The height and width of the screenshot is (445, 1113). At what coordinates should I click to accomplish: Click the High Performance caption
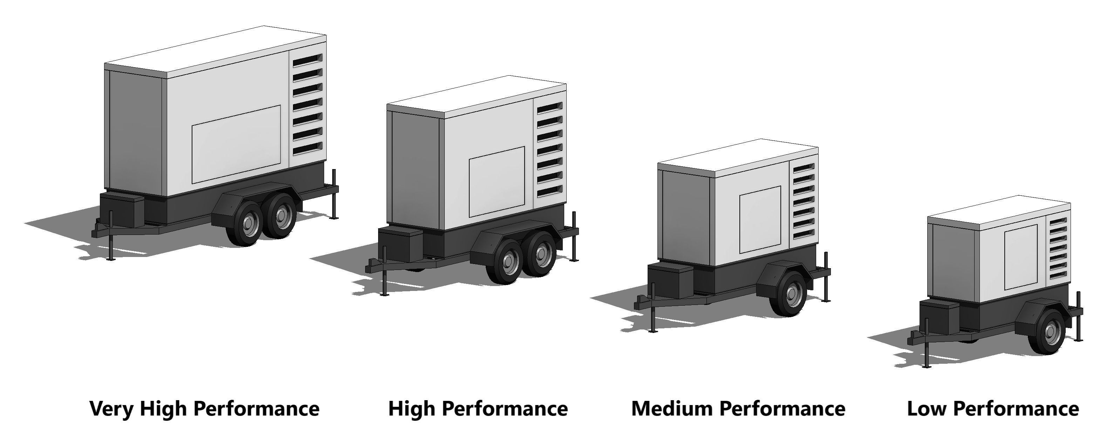(478, 408)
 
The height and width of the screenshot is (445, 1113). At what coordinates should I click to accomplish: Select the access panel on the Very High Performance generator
(236, 145)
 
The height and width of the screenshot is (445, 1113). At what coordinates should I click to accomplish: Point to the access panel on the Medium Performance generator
(760, 220)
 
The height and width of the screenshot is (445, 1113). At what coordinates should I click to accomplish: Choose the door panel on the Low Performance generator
(1020, 257)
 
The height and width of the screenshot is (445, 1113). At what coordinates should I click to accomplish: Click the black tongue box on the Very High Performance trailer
(122, 211)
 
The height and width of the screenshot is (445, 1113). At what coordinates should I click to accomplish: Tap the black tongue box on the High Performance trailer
(400, 245)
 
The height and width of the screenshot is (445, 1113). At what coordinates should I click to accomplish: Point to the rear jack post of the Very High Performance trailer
(334, 194)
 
